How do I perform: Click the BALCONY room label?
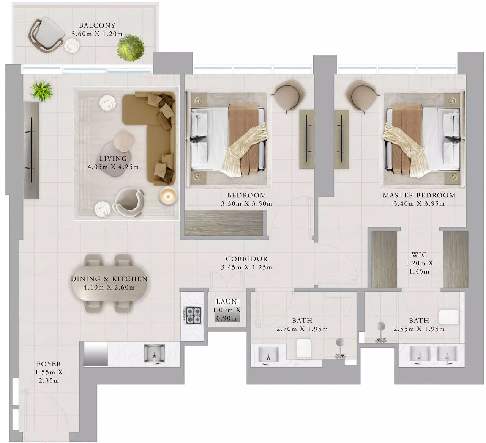(97, 25)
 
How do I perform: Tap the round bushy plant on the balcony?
(131, 47)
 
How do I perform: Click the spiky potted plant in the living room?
(42, 91)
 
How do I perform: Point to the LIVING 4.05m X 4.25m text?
(113, 163)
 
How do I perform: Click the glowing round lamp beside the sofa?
(168, 196)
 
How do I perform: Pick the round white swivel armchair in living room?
(129, 202)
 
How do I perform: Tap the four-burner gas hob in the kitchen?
(192, 315)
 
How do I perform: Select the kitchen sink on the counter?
(154, 353)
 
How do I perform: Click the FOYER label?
(49, 364)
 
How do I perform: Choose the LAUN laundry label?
(227, 302)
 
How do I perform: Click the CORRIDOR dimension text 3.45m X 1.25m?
(247, 268)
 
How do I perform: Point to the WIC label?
(419, 255)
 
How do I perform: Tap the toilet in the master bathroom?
(449, 317)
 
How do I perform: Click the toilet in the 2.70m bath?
(304, 348)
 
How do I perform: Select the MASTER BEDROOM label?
(419, 196)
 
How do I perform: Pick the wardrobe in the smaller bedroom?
(224, 223)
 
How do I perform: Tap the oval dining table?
(109, 283)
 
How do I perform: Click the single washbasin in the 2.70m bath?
(268, 354)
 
